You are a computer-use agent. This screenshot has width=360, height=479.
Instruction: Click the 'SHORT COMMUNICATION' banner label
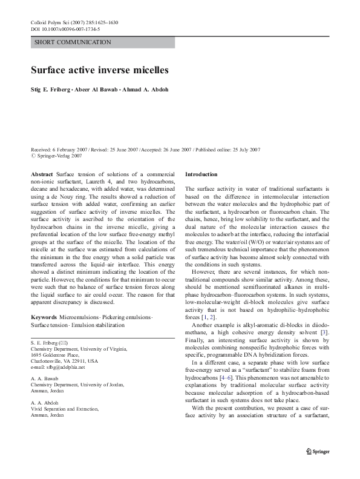[x=73, y=42]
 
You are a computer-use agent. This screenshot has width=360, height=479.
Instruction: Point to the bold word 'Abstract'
[x=41, y=174]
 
